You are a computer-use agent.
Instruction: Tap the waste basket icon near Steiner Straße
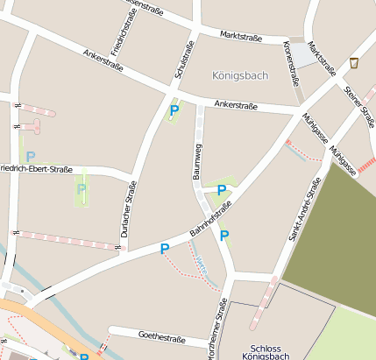(x=353, y=63)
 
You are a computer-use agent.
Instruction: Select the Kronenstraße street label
(x=290, y=63)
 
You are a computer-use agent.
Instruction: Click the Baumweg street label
(x=198, y=160)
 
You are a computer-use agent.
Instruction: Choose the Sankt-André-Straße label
(x=310, y=208)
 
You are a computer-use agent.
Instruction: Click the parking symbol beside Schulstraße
(x=174, y=110)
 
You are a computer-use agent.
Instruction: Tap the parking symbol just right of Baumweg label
(x=222, y=189)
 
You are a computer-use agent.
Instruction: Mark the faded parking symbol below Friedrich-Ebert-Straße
(x=82, y=188)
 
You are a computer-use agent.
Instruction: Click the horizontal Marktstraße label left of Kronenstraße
(x=243, y=36)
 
